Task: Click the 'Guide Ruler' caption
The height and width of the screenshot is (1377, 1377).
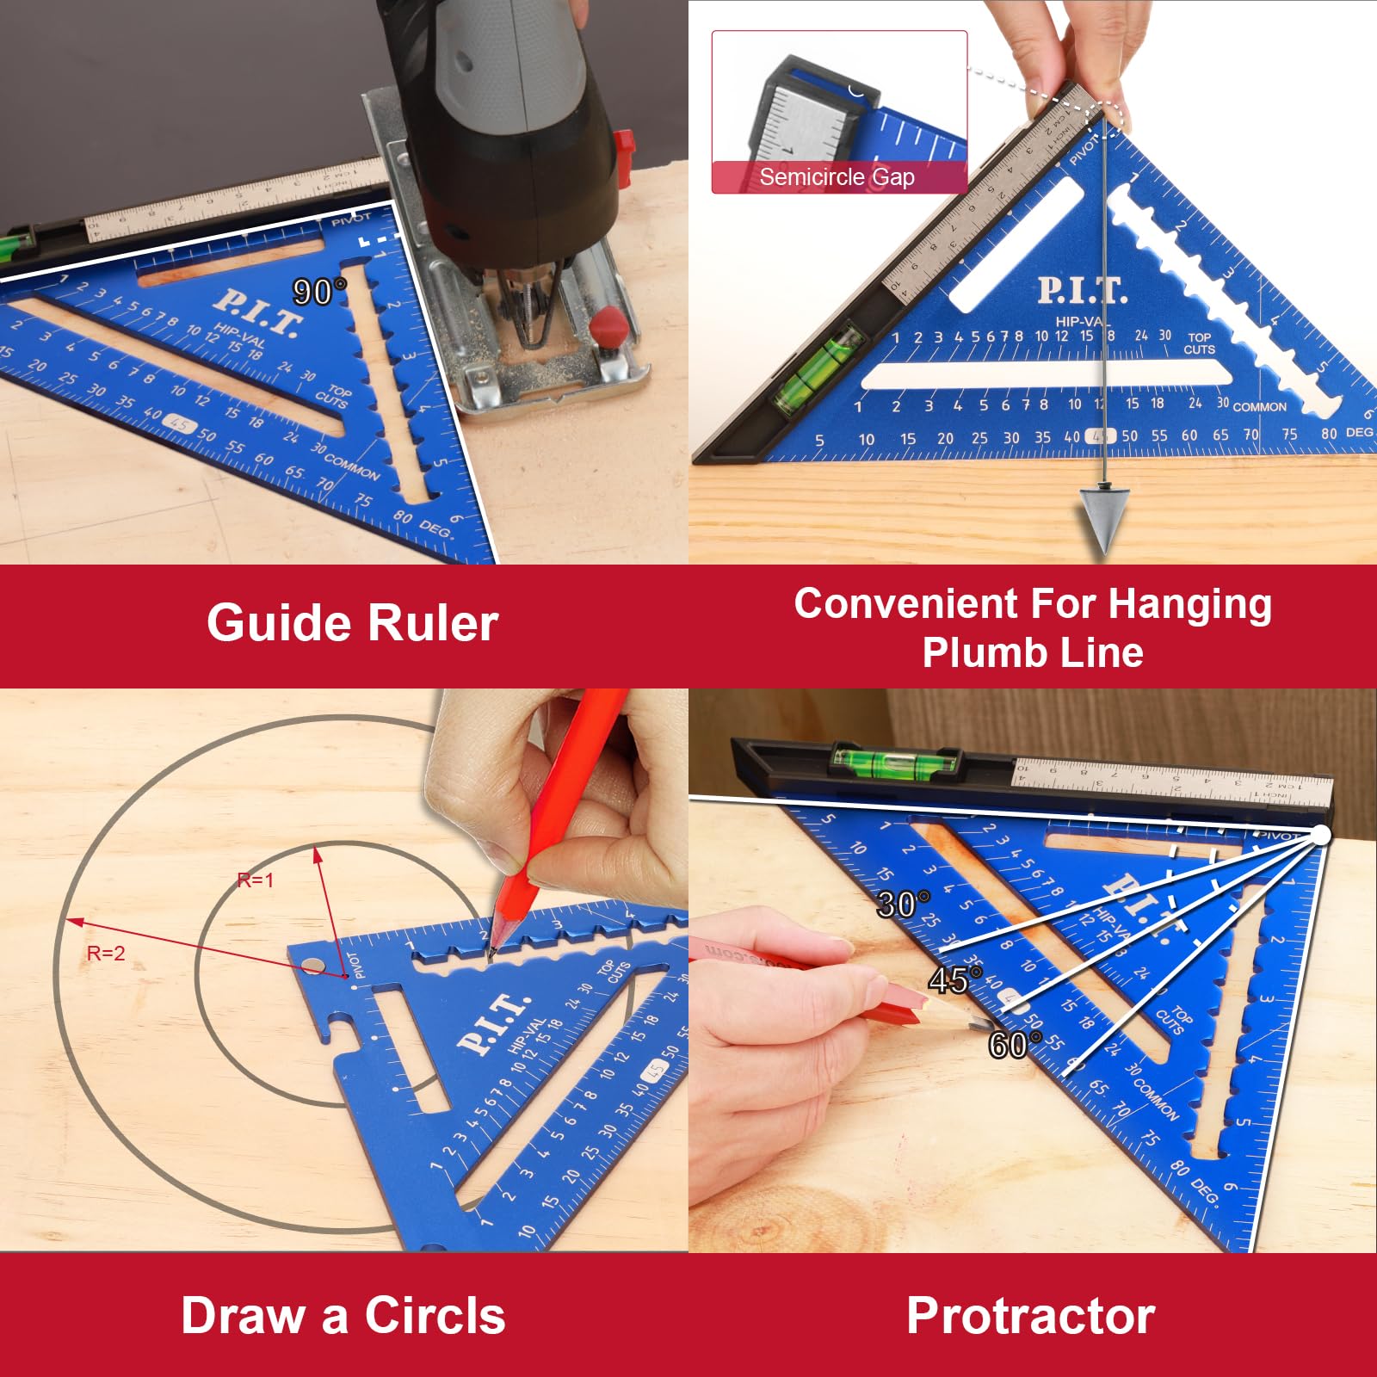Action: pos(352,623)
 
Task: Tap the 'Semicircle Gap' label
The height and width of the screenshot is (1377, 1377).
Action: pos(837,177)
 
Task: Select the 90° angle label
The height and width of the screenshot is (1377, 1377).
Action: pos(318,292)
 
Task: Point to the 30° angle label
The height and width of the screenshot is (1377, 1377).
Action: pos(902,904)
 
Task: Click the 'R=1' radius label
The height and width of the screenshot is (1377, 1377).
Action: pos(255,880)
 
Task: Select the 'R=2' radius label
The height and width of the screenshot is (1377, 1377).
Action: pos(106,953)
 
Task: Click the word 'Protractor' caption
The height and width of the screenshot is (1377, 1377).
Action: pos(1030,1316)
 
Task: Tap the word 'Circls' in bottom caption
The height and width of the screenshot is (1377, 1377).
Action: pos(435,1316)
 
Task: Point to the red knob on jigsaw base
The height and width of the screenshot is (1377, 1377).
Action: pos(609,324)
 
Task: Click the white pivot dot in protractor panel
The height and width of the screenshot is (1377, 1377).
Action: pos(1320,834)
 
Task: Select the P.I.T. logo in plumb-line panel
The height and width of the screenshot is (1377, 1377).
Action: pos(1081,290)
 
